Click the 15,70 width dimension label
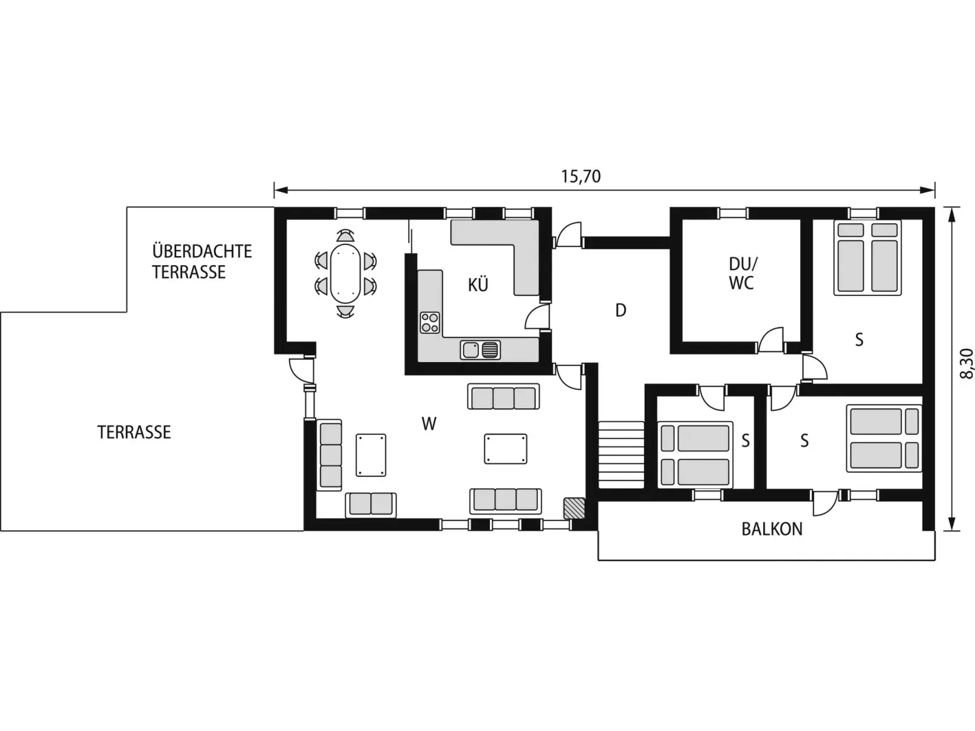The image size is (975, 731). point(580,177)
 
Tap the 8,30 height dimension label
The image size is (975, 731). point(966,363)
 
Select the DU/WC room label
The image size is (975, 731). point(742,274)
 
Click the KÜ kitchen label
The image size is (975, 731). point(478,285)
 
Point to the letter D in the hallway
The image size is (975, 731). point(620,310)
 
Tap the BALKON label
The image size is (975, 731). point(772,529)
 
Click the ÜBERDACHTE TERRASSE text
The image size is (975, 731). point(202,261)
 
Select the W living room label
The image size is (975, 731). point(429,424)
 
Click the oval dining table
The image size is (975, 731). point(345,272)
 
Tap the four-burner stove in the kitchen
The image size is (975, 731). point(430,323)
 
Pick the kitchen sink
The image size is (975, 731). point(480,350)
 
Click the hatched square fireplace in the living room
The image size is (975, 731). point(574,508)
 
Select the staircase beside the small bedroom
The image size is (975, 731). point(621,454)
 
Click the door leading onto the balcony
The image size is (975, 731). point(825,503)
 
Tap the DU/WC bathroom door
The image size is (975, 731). point(770,340)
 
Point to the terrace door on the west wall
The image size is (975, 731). point(302,369)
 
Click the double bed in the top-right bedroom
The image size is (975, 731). point(868,257)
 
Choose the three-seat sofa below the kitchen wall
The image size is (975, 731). point(504,396)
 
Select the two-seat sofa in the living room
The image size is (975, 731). point(371,505)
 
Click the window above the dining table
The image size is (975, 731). point(349,214)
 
